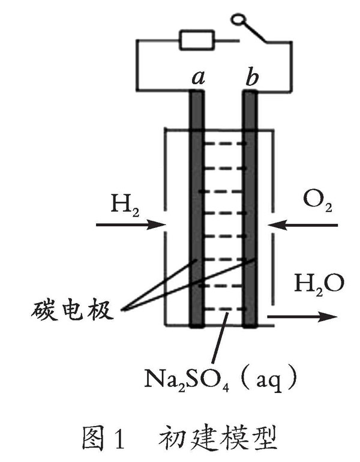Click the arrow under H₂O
tap(300, 316)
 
